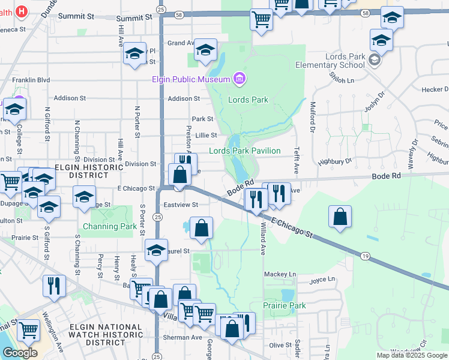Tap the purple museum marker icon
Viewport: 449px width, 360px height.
pyautogui.click(x=240, y=78)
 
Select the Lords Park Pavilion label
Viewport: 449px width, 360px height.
pyautogui.click(x=244, y=151)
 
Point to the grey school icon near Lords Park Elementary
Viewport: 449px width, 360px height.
pyautogui.click(x=375, y=59)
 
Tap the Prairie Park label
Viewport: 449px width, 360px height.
pyautogui.click(x=284, y=305)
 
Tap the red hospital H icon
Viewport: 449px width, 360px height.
pyautogui.click(x=22, y=11)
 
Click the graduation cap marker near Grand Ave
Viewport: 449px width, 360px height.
pyautogui.click(x=205, y=51)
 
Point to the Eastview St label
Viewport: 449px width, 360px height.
pyautogui.click(x=181, y=205)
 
